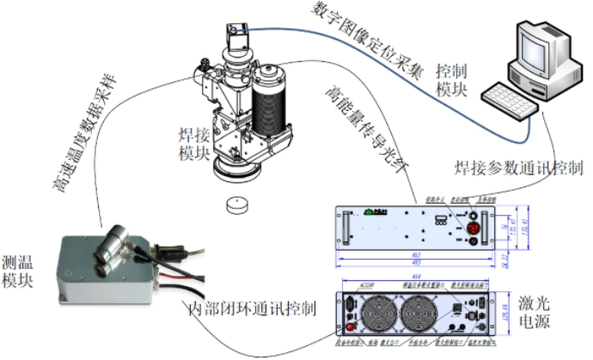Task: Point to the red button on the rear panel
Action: point(350,326)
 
